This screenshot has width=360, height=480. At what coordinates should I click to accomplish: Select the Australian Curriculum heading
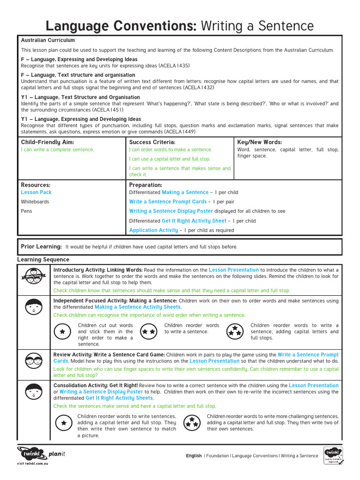[48, 40]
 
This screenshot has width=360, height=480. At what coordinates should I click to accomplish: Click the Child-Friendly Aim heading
[47, 142]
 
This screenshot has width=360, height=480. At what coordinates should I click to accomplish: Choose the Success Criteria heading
[152, 142]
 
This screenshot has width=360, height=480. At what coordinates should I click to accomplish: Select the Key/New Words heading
[260, 142]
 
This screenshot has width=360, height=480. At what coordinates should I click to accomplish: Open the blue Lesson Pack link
[36, 192]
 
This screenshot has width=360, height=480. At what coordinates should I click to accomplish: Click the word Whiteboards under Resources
[35, 202]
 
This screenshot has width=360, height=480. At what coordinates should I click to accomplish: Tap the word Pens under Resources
[26, 211]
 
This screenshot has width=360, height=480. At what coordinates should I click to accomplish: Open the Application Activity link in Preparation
[153, 230]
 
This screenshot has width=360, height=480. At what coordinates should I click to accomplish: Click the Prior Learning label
[41, 247]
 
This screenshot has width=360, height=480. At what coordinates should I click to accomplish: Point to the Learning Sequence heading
[43, 259]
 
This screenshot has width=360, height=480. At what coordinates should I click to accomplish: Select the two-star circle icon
[149, 331]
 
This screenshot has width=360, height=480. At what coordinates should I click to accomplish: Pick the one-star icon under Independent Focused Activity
[62, 331]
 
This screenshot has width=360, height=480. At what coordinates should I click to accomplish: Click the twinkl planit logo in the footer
[40, 455]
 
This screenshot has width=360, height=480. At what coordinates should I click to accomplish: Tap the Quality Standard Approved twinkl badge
[332, 455]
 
